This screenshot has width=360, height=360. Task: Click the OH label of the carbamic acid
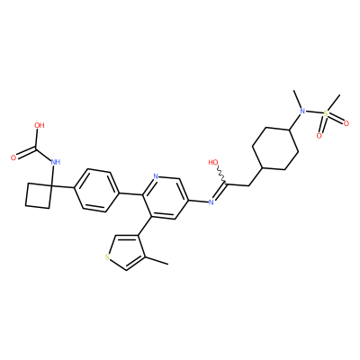pos(40,125)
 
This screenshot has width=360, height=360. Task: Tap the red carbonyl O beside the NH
pos(13,157)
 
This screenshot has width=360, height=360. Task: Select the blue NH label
pos(56,162)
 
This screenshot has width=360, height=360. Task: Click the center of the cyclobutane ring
pos(39,196)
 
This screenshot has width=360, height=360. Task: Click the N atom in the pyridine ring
pos(156,176)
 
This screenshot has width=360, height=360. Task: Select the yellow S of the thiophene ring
pos(107,256)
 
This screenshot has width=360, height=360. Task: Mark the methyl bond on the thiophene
pos(157,260)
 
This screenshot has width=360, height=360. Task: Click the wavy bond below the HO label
pos(221,175)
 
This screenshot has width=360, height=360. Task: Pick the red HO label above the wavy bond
pos(213,163)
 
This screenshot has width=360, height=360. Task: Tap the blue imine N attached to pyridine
pos(211,202)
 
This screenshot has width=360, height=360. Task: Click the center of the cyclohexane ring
pos(275,149)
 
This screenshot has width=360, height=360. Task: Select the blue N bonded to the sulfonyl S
pos(302,112)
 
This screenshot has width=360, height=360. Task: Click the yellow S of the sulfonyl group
pos(326,114)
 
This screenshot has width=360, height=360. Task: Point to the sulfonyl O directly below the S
pos(319,136)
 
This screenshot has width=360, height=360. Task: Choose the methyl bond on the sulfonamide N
pos(298,99)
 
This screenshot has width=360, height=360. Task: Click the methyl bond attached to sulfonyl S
pos(334,103)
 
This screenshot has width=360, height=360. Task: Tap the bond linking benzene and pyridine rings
pos(131,193)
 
